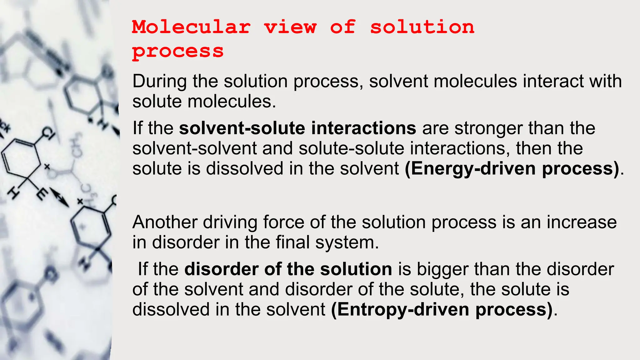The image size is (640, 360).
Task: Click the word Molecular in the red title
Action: click(191, 27)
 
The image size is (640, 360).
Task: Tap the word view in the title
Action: click(290, 27)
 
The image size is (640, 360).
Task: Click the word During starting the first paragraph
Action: click(159, 81)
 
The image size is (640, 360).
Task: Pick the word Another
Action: click(165, 222)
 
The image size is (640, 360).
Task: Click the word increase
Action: click(582, 222)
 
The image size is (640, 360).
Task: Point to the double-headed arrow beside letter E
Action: click(59, 197)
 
